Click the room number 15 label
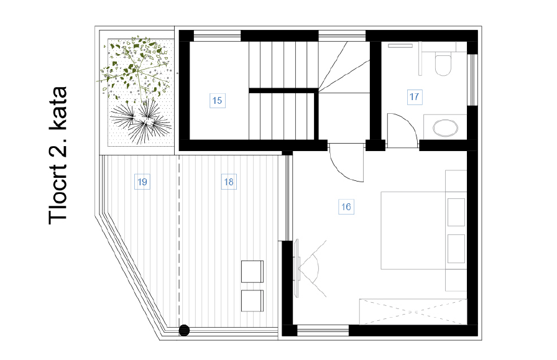(x=217, y=99)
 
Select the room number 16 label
(x=346, y=206)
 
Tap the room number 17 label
(x=415, y=96)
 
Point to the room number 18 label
(x=228, y=182)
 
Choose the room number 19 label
(x=142, y=182)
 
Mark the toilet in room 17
(x=443, y=63)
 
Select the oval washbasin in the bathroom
(x=444, y=127)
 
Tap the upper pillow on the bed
(x=456, y=212)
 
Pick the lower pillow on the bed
(x=456, y=249)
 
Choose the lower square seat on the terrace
(x=252, y=300)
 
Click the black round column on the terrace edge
(x=184, y=330)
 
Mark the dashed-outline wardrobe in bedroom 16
(x=412, y=312)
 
